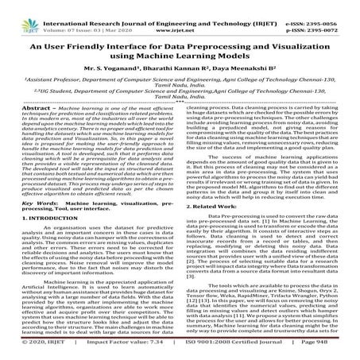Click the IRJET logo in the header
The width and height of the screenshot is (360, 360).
[21, 11]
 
